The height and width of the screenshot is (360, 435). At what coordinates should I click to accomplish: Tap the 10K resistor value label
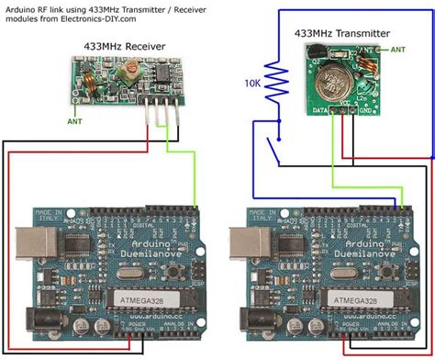(253, 83)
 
